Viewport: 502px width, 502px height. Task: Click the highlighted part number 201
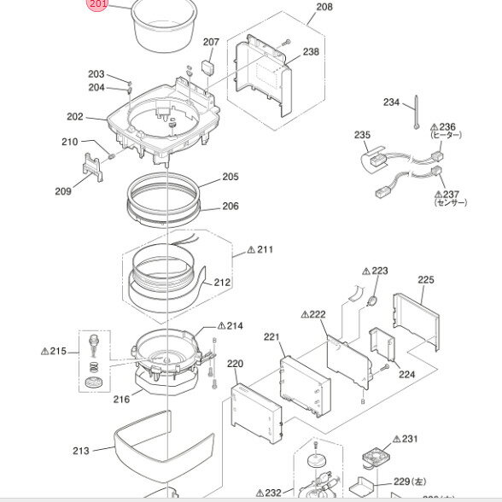99,6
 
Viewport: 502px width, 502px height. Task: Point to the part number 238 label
311,52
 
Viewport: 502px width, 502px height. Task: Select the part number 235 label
362,135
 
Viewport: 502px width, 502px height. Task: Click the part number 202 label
75,117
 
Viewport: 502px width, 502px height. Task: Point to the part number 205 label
231,178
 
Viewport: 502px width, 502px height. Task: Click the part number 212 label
222,283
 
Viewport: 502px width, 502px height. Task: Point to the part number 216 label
121,399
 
